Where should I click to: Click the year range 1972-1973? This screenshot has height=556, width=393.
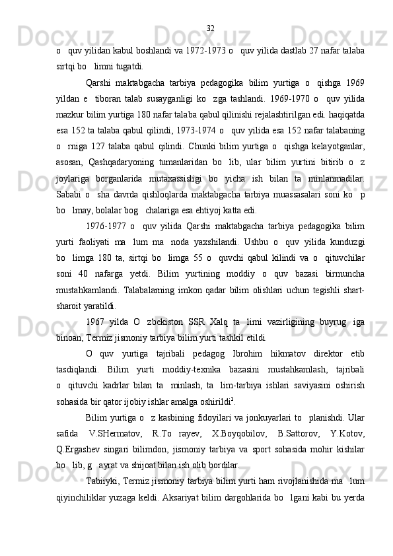(x=198, y=51)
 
